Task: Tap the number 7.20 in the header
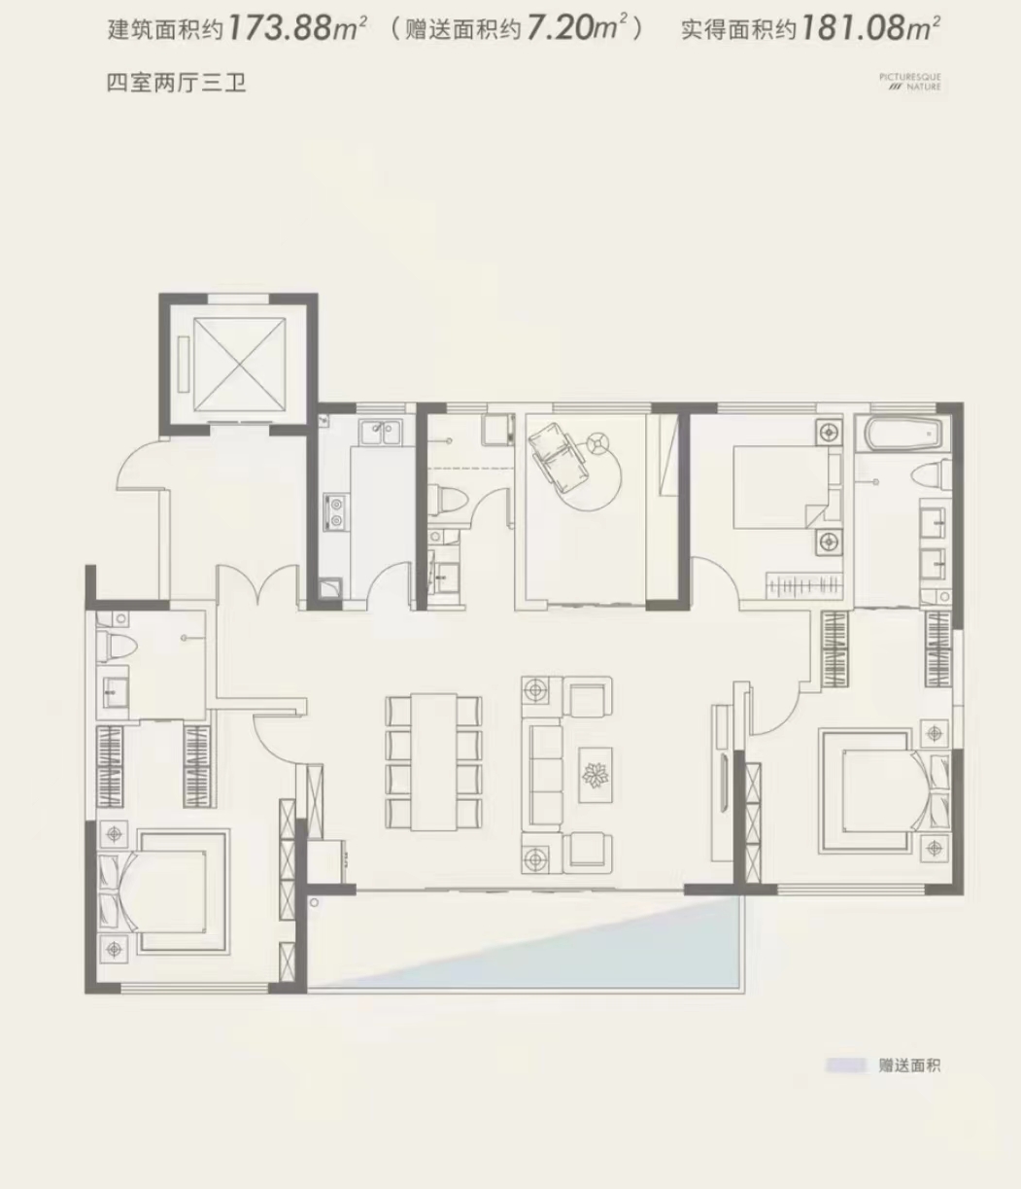(x=560, y=28)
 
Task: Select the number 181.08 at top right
(x=853, y=28)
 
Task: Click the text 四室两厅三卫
(x=177, y=84)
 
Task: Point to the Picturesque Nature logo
(x=910, y=82)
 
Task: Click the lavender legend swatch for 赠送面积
(x=846, y=1066)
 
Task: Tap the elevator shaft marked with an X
(x=239, y=366)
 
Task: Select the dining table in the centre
(x=433, y=763)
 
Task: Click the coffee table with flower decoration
(x=595, y=775)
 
